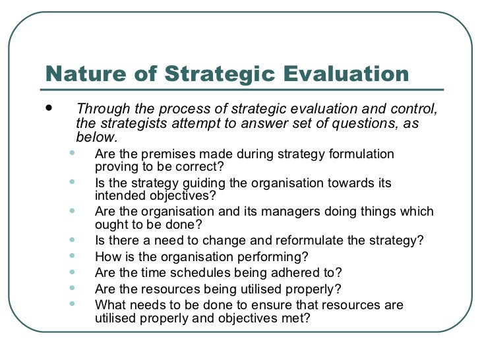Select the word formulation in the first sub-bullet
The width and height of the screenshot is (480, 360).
point(363,154)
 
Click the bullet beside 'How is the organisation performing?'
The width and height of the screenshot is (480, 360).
point(72,256)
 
